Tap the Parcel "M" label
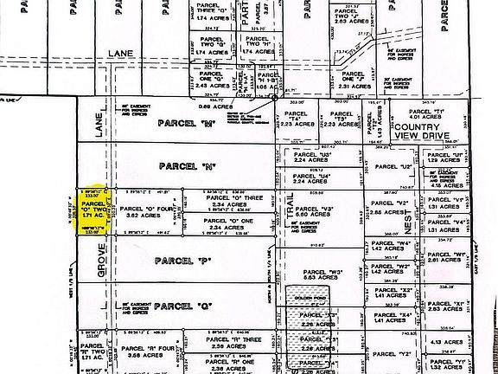pos(199,123)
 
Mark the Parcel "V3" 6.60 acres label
pos(327,212)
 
